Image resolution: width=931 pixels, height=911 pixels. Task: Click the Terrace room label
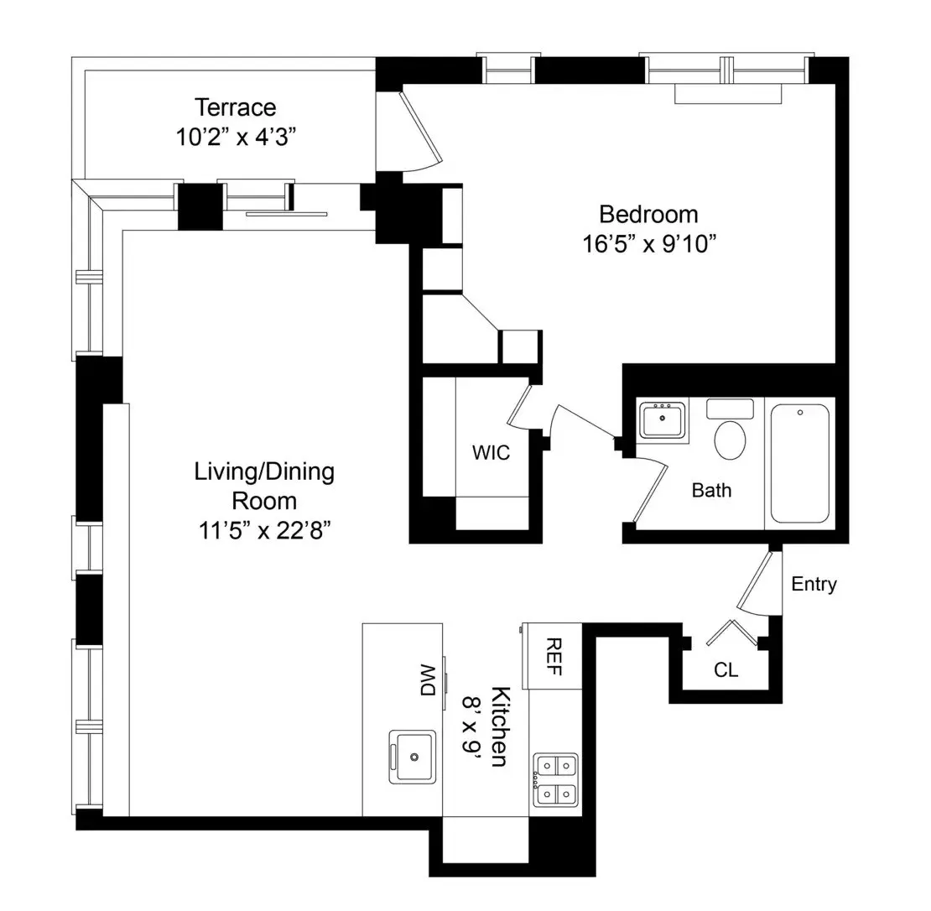tap(235, 108)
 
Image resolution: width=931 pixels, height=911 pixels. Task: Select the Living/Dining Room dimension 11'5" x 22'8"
tap(264, 532)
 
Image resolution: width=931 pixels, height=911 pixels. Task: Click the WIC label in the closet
tap(491, 453)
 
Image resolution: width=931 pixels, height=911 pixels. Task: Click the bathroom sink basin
tap(662, 419)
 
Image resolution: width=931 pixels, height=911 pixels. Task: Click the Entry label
tap(814, 585)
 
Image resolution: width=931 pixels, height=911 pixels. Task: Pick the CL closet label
tap(726, 670)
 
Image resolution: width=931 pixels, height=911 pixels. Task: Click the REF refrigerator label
tap(553, 658)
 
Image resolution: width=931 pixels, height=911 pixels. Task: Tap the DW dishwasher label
tap(428, 679)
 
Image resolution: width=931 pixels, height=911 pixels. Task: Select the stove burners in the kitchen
tap(556, 778)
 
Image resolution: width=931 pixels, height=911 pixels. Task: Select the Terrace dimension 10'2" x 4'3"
tap(235, 137)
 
